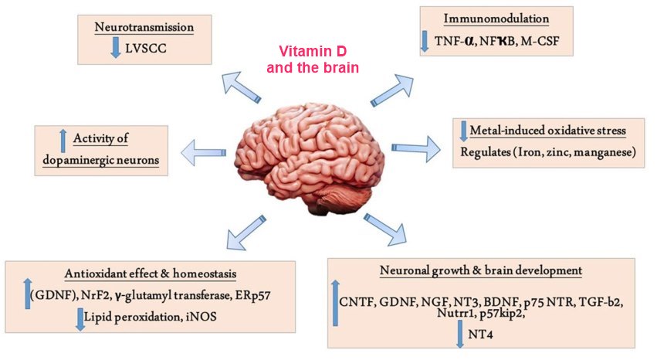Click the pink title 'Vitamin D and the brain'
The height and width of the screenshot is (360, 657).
(312, 60)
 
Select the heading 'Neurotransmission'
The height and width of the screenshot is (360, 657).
(144, 28)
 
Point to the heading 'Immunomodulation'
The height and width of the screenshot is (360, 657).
(496, 19)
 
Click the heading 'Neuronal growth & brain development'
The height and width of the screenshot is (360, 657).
(480, 270)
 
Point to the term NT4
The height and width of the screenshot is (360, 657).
(483, 335)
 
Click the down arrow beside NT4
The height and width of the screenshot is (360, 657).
(460, 334)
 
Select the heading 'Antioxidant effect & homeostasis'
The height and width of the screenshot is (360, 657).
(151, 274)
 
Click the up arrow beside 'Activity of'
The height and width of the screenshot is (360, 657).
(63, 140)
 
